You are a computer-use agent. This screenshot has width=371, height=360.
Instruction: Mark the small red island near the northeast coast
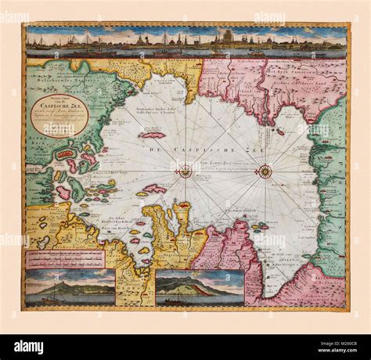(x=280, y=131)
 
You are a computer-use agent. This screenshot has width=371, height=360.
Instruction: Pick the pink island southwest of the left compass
(x=154, y=189)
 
